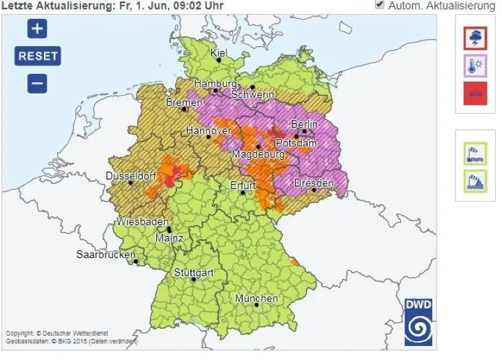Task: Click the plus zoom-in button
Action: pos(37,29)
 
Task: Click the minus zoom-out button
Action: pos(37,83)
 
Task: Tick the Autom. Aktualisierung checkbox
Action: pos(379,5)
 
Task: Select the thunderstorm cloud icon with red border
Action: pos(475,38)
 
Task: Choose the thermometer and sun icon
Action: pos(475,66)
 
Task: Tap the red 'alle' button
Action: pos(475,93)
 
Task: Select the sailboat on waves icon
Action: pos(475,181)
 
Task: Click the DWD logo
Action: pos(418,322)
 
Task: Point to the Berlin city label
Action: pos(304,124)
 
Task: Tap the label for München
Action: pos(256,299)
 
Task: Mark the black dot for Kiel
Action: pos(219,61)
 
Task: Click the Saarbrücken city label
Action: pos(105,255)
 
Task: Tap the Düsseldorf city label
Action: pos(129,177)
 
